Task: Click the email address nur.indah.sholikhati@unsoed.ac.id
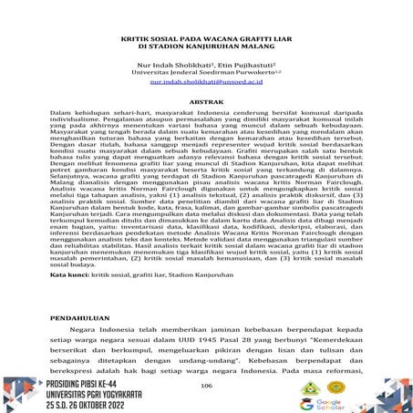pos(205,81)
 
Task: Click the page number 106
pos(205,387)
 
